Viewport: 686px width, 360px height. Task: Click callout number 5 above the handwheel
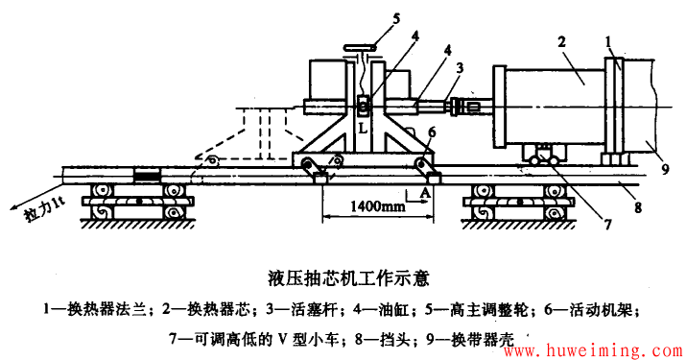pos(369,16)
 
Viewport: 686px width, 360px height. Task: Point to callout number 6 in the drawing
pos(432,131)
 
